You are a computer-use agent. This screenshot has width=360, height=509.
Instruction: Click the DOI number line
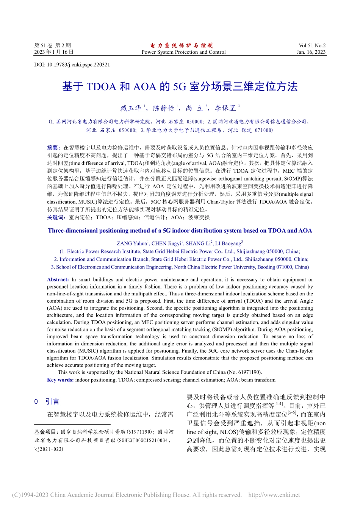72,65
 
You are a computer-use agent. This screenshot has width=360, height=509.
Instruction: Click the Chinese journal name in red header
182,45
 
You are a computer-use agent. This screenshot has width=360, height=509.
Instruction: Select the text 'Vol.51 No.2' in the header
312,45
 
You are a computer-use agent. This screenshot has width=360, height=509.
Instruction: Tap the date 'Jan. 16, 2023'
311,52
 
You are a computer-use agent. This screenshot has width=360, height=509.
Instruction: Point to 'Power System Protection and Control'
183,52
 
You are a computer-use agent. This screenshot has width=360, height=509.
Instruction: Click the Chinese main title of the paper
180,87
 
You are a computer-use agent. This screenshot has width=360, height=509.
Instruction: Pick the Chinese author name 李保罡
225,109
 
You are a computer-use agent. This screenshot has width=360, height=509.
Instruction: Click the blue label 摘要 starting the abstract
53,148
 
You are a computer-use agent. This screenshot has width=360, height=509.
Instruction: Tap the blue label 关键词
55,217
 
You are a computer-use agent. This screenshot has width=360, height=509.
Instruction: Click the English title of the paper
180,231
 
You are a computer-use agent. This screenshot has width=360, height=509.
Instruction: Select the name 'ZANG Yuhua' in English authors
131,244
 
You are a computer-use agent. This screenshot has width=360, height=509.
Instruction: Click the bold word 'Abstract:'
58,279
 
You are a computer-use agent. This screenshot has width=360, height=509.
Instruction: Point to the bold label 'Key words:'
60,380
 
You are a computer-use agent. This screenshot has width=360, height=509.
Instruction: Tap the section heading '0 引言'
47,401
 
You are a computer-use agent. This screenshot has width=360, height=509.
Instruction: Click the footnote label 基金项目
46,432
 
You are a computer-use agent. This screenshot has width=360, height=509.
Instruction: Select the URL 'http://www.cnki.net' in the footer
274,495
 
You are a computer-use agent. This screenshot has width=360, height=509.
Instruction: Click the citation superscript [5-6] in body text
292,413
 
